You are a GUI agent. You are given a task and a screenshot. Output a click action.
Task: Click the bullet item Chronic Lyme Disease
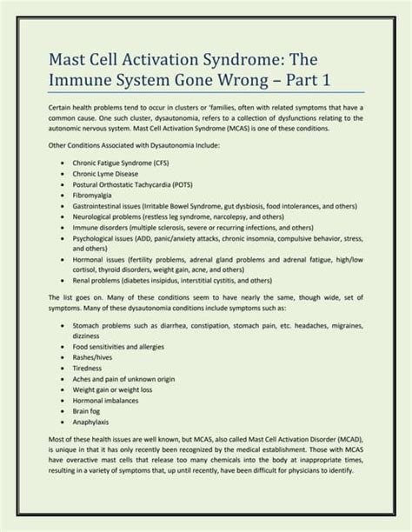[112, 174]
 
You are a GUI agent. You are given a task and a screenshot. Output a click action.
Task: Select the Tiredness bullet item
[93, 368]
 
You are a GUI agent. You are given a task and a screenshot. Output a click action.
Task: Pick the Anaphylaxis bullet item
[97, 422]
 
